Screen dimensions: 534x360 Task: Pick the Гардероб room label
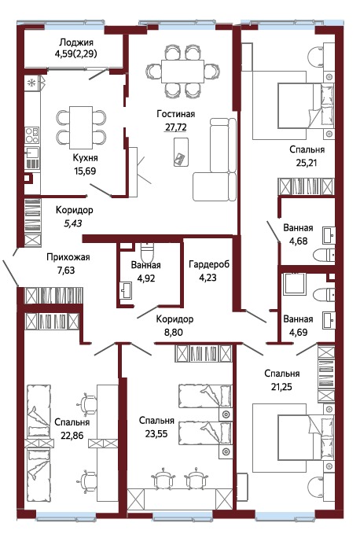(208, 264)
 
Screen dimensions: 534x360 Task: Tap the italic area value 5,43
(74, 223)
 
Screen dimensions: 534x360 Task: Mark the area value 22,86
(72, 434)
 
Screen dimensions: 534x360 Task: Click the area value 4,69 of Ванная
(298, 332)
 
